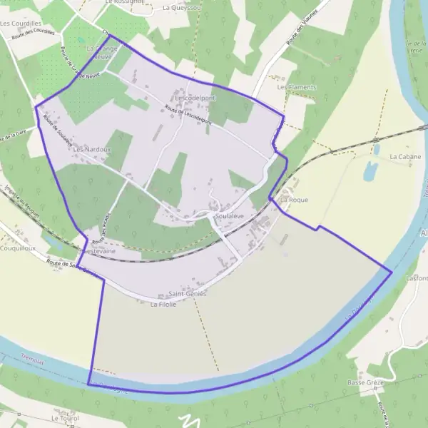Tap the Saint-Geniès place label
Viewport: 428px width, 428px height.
(x=187, y=294)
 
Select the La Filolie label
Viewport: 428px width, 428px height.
(x=163, y=304)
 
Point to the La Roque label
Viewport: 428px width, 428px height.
(x=294, y=200)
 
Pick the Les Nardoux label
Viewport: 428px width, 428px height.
(x=92, y=150)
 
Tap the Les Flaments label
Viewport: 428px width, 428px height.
(x=297, y=87)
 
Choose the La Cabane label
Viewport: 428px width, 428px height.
(x=405, y=156)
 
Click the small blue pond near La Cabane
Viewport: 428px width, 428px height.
(x=370, y=171)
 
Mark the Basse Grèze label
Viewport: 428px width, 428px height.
(x=366, y=383)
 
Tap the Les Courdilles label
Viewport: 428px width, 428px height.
(x=20, y=24)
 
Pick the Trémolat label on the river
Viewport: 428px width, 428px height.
(x=33, y=362)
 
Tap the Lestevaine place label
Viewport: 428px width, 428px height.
(x=99, y=252)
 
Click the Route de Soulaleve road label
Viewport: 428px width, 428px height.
(x=61, y=133)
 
